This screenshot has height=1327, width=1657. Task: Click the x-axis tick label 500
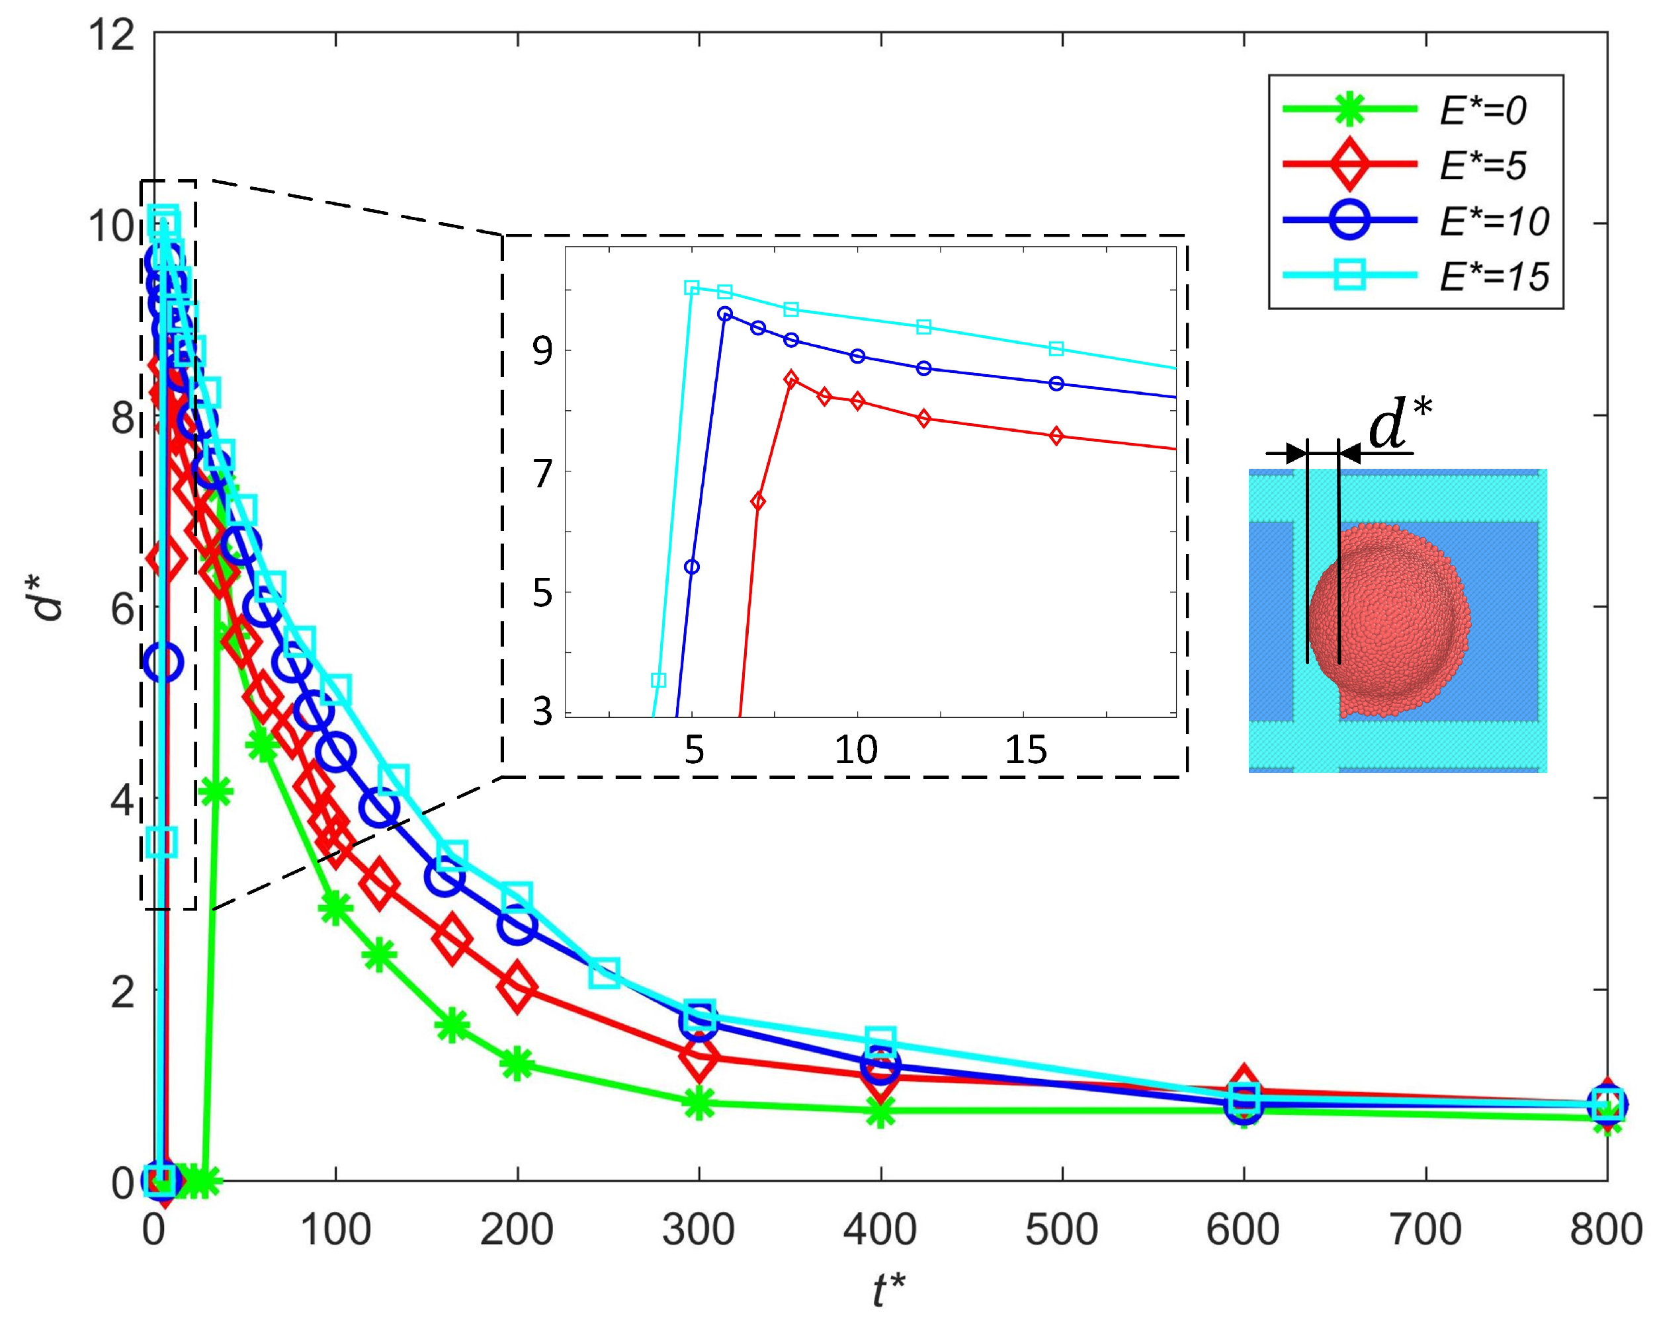click(1062, 1228)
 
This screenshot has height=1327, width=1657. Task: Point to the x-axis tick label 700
click(1425, 1228)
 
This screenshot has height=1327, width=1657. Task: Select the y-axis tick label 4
click(122, 800)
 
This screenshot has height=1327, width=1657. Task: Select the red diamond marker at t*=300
click(699, 1057)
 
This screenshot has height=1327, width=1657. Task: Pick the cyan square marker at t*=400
click(880, 1041)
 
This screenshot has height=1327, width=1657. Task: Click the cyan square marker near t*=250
click(605, 973)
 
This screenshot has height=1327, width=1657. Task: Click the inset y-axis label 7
click(542, 474)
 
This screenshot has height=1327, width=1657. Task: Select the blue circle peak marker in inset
click(725, 313)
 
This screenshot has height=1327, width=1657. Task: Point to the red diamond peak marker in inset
click(791, 379)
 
